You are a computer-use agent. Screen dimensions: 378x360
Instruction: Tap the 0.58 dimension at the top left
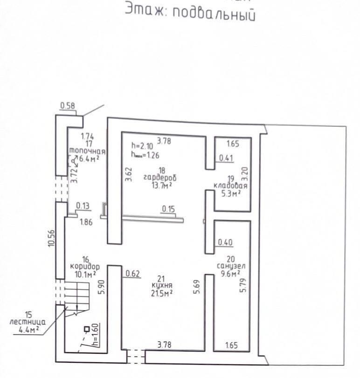tap(68, 106)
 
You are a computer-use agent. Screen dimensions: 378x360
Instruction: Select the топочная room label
tap(87, 151)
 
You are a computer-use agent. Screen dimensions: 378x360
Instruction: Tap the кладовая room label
tap(230, 185)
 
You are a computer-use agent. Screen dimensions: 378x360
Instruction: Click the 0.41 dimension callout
tap(226, 158)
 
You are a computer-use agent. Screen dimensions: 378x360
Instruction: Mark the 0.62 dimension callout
tap(133, 274)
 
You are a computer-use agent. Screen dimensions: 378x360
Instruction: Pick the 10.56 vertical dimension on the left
tap(52, 238)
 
